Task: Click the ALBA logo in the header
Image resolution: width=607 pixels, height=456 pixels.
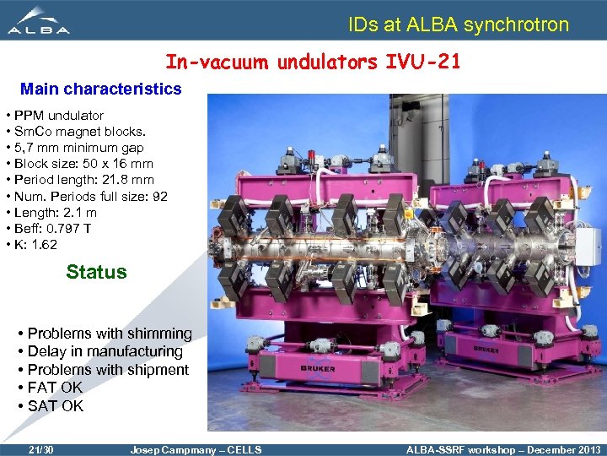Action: coord(39,21)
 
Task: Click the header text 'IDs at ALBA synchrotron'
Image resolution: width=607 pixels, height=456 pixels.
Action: coord(459,24)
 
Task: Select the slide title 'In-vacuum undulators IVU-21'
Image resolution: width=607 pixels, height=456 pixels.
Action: coord(313,62)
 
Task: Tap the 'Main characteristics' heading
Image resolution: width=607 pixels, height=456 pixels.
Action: coord(100,89)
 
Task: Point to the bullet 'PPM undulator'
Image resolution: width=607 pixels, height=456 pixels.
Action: coord(57,115)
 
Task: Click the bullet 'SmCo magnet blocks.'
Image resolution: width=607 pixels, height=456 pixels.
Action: coord(78,131)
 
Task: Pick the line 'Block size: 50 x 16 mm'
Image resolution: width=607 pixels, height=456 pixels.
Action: coord(83,164)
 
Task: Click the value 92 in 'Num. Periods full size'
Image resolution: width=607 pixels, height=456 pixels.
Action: coord(158,197)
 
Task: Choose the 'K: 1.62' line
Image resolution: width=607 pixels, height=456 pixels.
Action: coord(35,245)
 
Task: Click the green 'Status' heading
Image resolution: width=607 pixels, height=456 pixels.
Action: coord(96,272)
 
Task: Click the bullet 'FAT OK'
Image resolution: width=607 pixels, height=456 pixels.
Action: coord(55,388)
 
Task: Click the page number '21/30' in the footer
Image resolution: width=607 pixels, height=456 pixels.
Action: coord(40,449)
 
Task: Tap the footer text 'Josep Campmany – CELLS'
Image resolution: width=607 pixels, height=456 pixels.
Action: coord(196,449)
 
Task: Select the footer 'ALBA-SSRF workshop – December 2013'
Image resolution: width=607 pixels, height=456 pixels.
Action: coord(503,449)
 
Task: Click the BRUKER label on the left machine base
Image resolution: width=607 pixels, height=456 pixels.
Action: coord(317,368)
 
